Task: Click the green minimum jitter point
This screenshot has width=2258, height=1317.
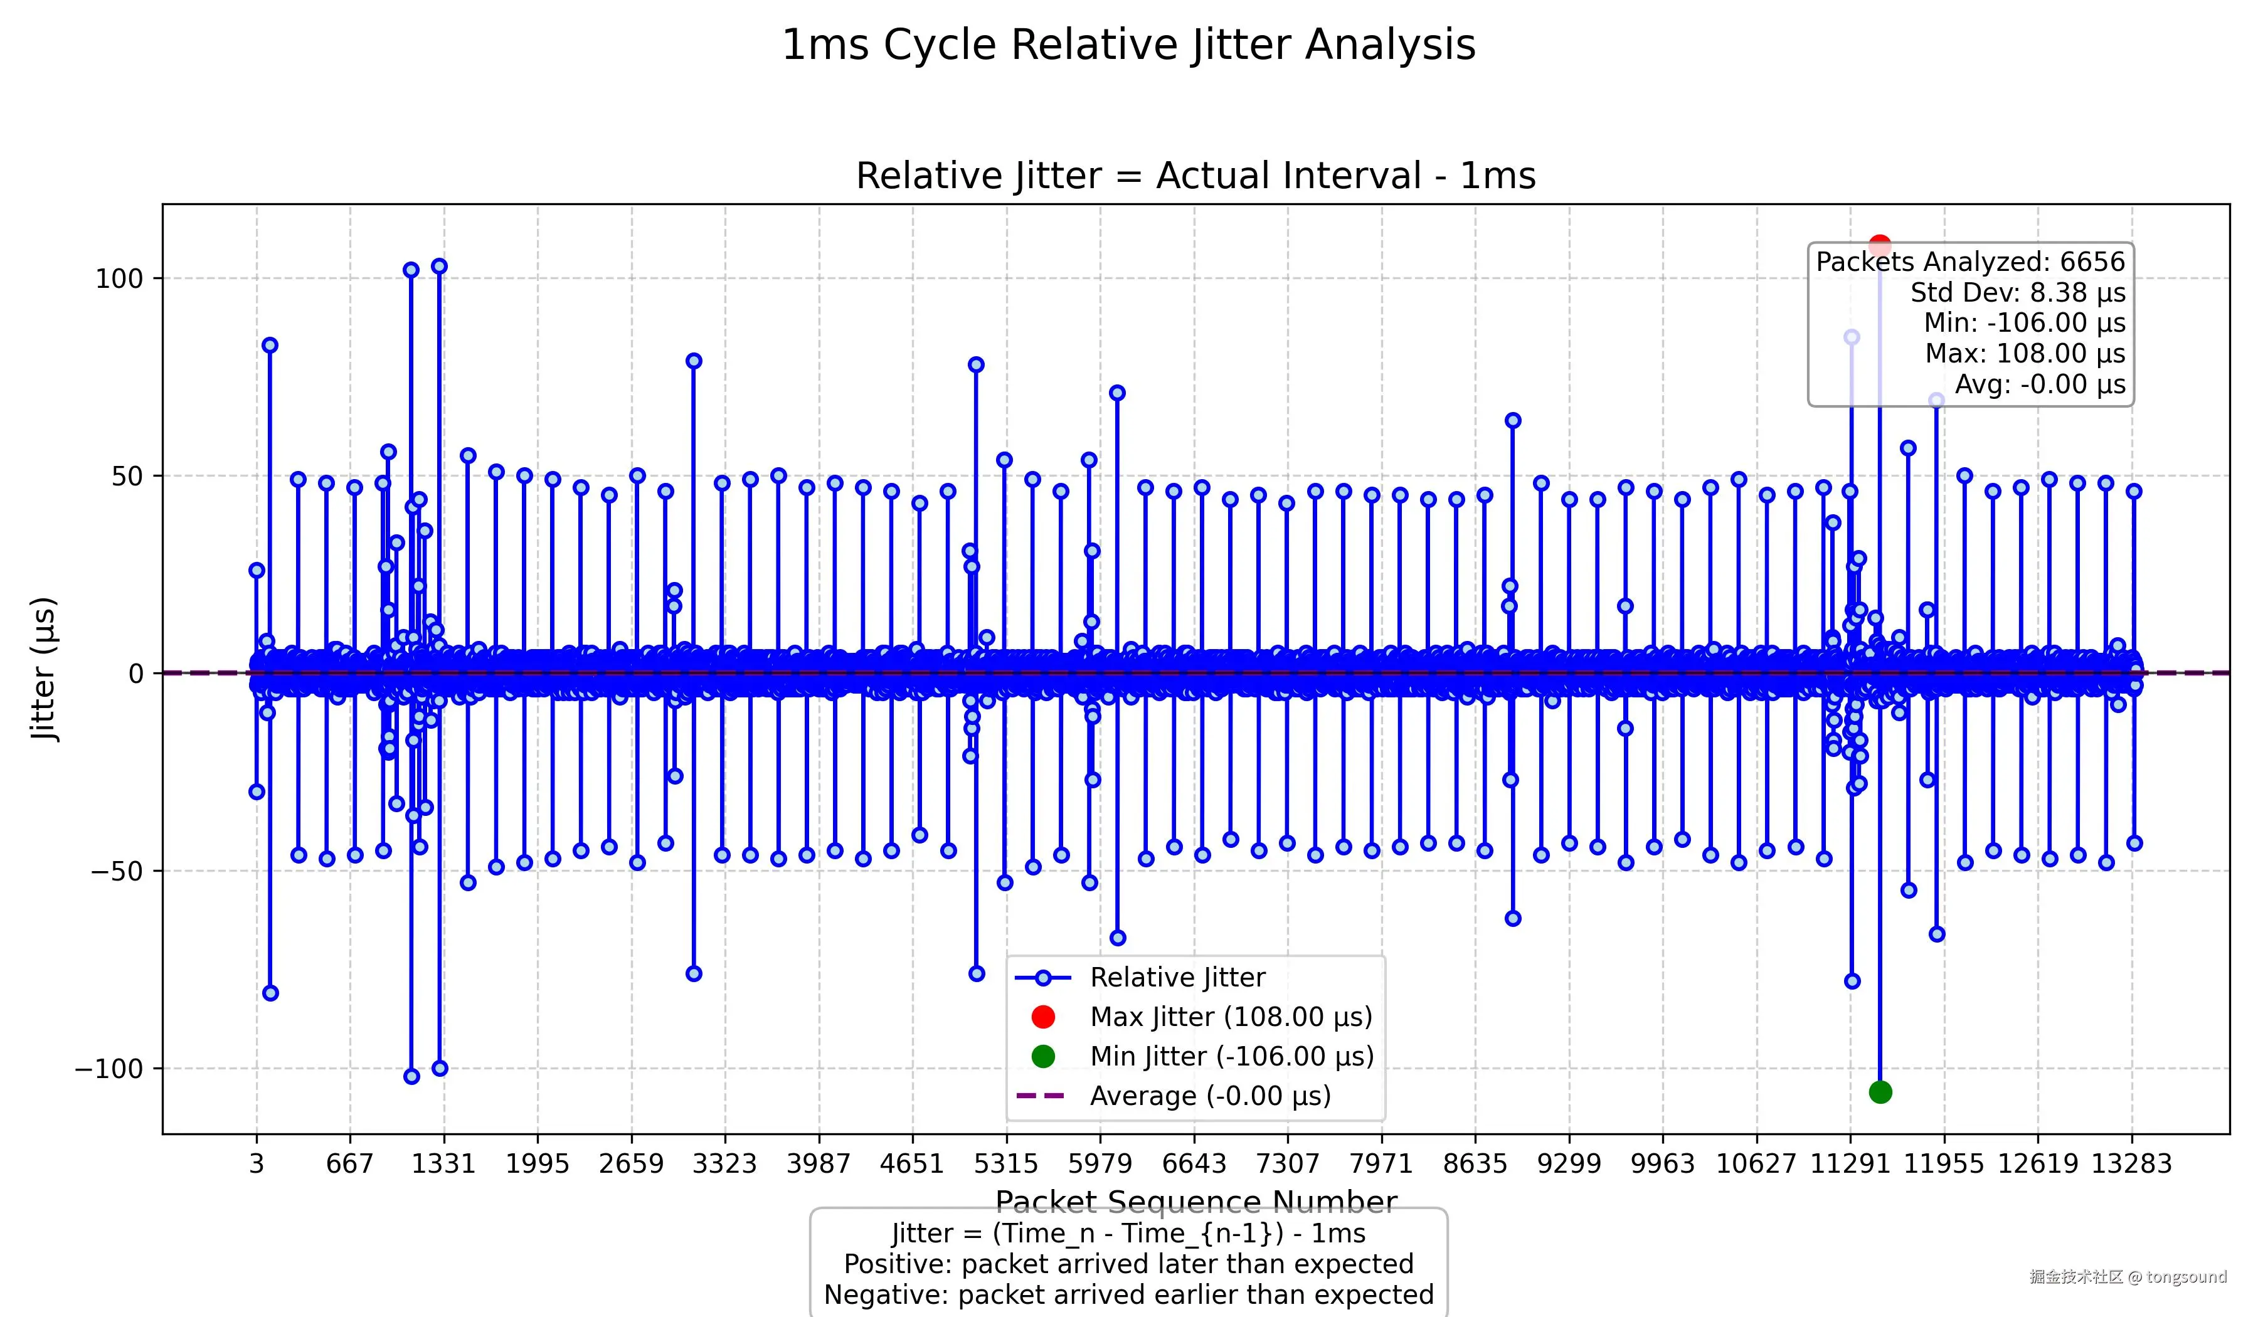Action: pos(1880,1092)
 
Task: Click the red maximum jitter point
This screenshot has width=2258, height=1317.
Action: pos(1880,245)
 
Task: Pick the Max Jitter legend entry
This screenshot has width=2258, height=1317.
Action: pos(1230,1017)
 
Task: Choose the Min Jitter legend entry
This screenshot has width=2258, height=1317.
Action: pos(1231,1056)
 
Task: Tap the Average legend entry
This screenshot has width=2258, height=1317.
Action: pos(1210,1096)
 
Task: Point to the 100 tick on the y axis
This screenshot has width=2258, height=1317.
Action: pos(119,278)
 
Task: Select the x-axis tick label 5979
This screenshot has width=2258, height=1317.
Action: pos(1100,1164)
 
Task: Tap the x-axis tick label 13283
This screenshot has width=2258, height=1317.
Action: pos(2132,1164)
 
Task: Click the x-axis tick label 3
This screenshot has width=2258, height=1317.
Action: pos(257,1164)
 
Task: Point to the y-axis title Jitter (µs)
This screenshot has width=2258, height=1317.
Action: pos(44,669)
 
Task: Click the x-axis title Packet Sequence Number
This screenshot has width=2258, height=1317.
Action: pos(1195,1200)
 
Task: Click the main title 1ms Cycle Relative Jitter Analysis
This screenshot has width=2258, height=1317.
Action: pos(1128,45)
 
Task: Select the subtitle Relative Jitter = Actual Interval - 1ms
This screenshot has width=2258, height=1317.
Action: pos(1195,176)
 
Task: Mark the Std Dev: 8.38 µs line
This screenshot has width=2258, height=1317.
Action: pos(2017,293)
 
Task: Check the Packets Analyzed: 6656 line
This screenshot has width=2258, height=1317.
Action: pos(1970,262)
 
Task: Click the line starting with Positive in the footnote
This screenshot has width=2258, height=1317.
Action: pos(1128,1264)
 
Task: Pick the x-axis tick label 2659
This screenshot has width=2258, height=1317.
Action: pos(632,1164)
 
